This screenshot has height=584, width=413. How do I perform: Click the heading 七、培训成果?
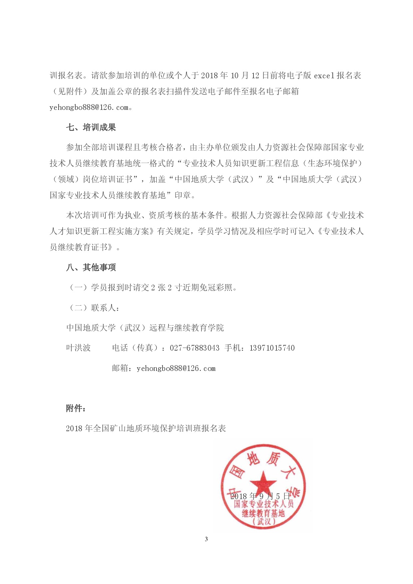[91, 128]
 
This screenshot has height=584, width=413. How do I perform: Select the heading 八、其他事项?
[91, 267]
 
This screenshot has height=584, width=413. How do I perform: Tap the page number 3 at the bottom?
[206, 539]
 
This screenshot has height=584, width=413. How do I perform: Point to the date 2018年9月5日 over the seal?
[260, 496]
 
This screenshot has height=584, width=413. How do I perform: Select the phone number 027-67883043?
[195, 348]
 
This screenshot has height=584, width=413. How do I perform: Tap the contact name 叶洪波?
[78, 348]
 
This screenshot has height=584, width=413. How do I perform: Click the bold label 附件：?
[76, 408]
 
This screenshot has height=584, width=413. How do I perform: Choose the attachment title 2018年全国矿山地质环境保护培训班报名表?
[146, 429]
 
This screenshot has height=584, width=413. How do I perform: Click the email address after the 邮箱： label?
[176, 369]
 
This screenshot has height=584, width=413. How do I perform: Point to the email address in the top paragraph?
[89, 108]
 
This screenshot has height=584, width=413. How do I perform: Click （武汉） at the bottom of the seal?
[264, 522]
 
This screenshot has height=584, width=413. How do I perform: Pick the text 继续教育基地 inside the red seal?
[263, 513]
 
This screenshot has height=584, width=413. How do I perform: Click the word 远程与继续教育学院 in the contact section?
[187, 328]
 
